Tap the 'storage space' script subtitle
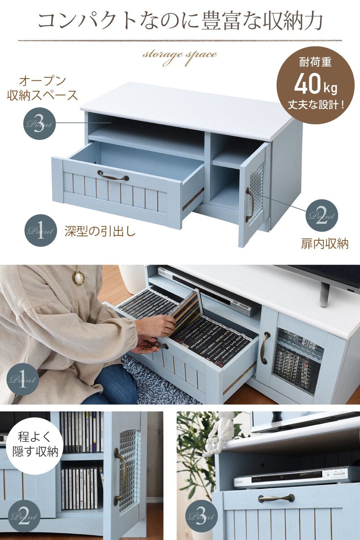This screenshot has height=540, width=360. (x=180, y=54)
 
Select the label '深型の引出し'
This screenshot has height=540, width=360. (x=100, y=231)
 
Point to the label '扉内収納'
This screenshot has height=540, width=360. (x=324, y=244)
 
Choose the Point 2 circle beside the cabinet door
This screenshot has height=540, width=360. (x=322, y=215)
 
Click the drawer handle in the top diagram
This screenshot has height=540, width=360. (x=113, y=176)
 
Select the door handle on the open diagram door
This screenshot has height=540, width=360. (x=249, y=204)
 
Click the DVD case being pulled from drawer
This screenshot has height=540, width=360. (x=186, y=311)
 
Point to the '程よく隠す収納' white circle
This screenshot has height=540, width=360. (x=35, y=445)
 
